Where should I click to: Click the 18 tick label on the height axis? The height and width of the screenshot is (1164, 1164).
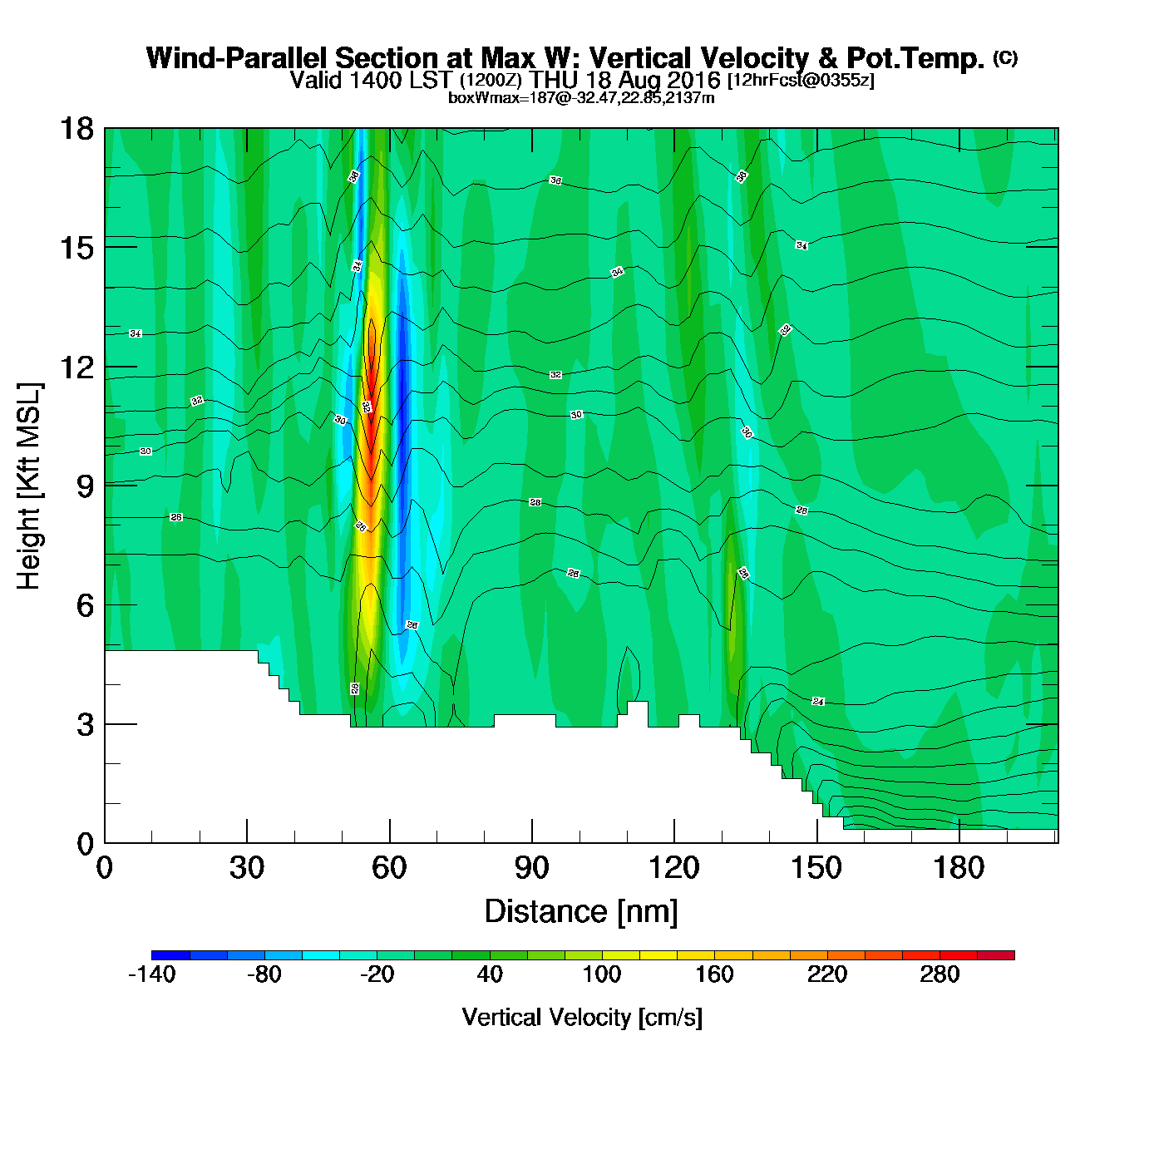[76, 129]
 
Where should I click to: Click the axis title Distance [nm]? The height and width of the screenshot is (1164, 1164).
[581, 912]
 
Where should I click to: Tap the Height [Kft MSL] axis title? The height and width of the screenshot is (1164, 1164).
[29, 486]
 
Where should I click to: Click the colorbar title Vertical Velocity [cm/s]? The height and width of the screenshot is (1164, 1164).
[582, 1018]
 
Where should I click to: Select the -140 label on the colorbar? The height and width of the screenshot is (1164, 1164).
[151, 974]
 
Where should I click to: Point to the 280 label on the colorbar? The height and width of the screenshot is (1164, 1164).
[940, 974]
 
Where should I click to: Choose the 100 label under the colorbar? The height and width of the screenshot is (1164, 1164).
[601, 974]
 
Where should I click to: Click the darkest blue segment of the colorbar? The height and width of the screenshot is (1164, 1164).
[170, 954]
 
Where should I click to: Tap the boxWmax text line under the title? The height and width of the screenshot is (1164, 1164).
[581, 98]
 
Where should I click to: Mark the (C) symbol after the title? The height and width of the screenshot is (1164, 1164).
[1005, 57]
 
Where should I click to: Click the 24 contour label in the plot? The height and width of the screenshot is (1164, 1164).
[818, 702]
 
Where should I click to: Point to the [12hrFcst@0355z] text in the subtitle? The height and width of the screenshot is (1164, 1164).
[801, 81]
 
